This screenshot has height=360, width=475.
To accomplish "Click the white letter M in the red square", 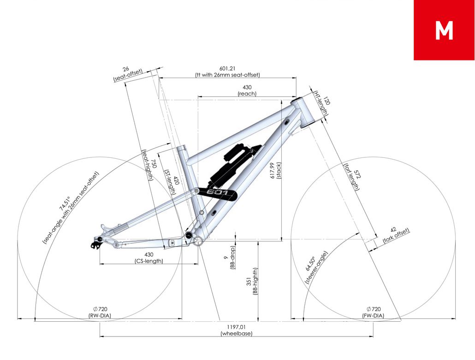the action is pos(444,30).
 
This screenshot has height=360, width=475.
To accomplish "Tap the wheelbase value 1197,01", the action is pos(236,327).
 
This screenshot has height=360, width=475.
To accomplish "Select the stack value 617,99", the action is pos(273,170).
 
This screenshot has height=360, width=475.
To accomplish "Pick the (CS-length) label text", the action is pos(149,261).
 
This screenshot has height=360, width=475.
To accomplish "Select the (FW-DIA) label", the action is pos(373,315).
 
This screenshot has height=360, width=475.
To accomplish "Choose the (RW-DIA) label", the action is pos(100,315).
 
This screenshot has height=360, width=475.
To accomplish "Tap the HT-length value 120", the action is pos(327,101).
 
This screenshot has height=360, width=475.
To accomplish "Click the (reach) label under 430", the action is pos(247,94).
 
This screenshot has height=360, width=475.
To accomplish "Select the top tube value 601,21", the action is pos(227,69).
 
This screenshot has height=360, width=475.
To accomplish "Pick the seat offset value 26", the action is pos(126,69).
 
